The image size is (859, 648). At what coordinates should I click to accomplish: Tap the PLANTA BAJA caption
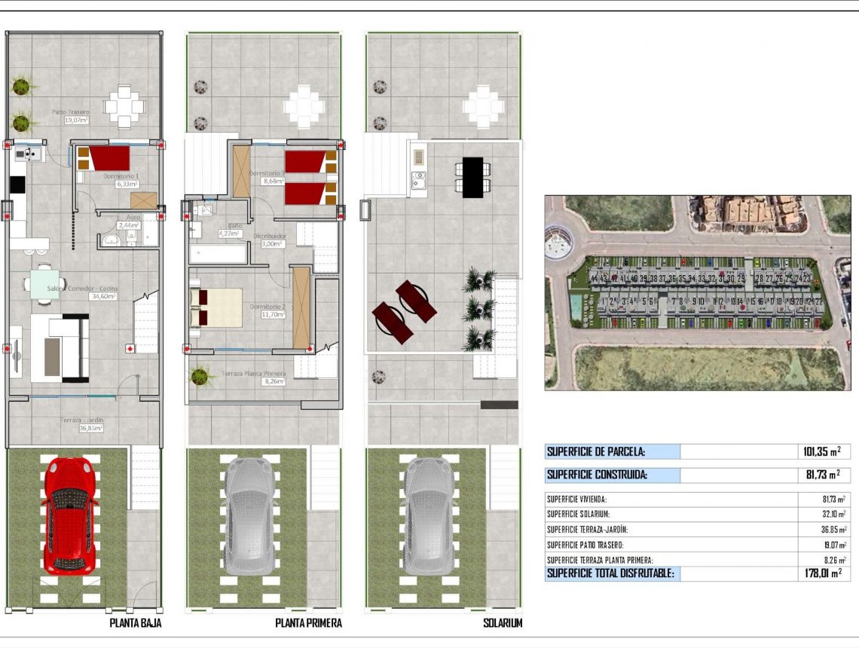click(136, 623)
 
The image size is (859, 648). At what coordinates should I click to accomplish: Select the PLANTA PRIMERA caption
click(308, 623)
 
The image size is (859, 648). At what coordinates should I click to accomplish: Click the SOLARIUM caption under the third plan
click(502, 623)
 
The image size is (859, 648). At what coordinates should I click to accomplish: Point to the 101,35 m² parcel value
click(820, 452)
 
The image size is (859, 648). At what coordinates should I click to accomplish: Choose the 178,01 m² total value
click(820, 573)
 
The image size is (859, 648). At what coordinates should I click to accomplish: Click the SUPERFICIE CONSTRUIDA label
click(597, 475)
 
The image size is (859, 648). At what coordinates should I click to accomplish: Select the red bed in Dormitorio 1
click(107, 158)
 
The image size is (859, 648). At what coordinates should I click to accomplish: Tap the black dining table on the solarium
click(472, 177)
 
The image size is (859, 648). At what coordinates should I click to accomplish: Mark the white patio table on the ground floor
click(124, 108)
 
